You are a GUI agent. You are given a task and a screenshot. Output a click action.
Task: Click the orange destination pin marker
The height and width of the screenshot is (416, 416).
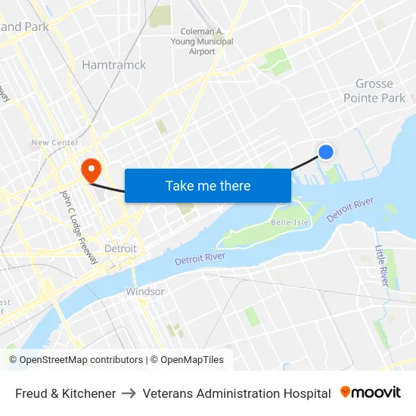[x=91, y=169]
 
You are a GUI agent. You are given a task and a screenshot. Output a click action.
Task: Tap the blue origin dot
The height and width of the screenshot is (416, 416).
[x=326, y=152]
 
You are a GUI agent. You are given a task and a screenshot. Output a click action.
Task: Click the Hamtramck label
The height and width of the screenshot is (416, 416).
[x=113, y=65]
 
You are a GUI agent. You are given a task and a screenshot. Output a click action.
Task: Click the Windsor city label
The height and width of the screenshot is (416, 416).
[x=145, y=291]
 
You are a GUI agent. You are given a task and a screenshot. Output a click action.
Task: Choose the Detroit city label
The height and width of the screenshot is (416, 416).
[x=120, y=248]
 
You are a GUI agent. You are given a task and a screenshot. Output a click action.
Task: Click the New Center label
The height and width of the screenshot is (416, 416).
[x=54, y=142]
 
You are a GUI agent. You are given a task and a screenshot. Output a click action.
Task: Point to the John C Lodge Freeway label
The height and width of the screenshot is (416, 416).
[x=79, y=226]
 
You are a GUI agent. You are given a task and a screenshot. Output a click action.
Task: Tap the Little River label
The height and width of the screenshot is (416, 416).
[x=383, y=265]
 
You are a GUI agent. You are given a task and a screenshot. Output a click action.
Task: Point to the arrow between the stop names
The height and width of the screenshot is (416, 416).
[x=129, y=393]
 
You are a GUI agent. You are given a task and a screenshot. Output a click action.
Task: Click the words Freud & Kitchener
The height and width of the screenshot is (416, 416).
[x=65, y=393]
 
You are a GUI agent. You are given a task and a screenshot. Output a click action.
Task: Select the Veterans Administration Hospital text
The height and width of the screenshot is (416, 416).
[x=237, y=393]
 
